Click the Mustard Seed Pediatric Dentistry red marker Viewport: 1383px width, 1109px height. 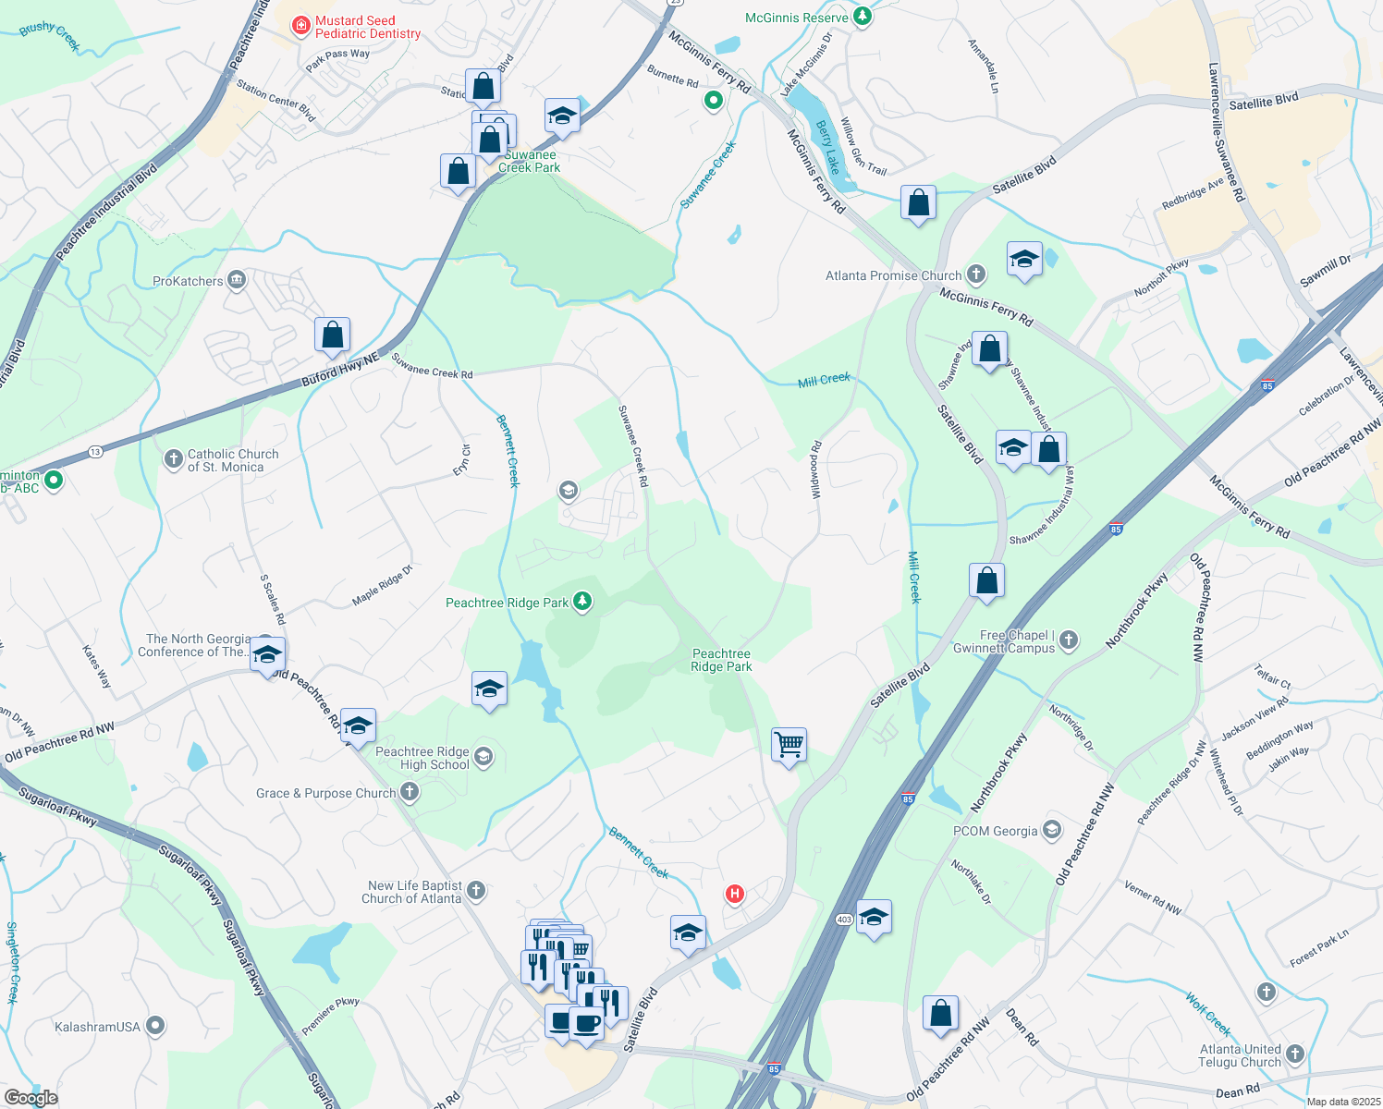coord(300,26)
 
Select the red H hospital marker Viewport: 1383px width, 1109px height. coord(735,894)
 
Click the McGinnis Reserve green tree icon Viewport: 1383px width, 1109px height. coord(863,17)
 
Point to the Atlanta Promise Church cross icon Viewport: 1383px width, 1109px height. coord(976,274)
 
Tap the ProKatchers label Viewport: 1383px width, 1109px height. coord(188,281)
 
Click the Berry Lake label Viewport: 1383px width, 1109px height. coord(828,147)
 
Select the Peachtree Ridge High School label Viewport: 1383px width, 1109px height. coord(422,758)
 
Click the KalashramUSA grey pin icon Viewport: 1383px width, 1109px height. coord(155,1025)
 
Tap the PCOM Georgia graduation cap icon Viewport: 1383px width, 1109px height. coord(1052,830)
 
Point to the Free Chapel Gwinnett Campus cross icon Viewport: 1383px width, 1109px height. coord(1069,640)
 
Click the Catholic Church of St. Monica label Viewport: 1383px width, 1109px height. coord(232,460)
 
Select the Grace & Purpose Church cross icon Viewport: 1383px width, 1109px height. coord(410,792)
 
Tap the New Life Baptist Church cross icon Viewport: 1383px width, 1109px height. coord(475,890)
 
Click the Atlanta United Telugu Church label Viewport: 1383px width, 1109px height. coord(1240,1055)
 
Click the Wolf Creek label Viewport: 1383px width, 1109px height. coord(1208,1014)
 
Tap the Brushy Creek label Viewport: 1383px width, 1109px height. coord(50,35)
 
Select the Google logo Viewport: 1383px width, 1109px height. coord(31,1097)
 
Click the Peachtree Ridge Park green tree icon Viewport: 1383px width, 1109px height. coord(582,602)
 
